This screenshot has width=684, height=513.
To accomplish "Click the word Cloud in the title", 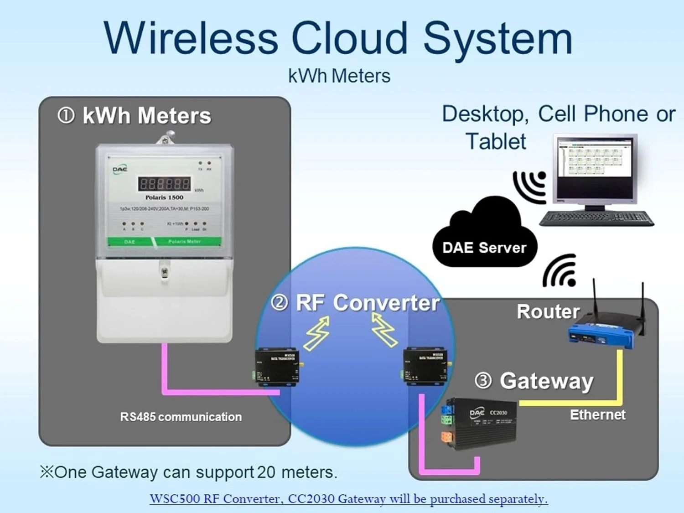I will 349,38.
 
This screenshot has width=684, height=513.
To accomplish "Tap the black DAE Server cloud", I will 484,237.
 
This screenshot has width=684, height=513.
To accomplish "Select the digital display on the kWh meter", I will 164,184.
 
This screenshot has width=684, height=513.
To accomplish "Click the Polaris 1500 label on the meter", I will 164,197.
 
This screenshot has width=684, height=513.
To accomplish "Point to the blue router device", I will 601,334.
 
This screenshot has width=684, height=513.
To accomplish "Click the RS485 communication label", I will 181,417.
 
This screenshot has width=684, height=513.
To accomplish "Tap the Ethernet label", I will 597,415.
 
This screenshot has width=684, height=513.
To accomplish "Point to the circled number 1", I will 66,115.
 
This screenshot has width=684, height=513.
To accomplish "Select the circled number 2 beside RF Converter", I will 280,302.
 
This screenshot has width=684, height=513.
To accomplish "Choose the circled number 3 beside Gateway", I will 483,380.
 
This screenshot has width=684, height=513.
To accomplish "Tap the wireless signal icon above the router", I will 560,271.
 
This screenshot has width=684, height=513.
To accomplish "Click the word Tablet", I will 496,141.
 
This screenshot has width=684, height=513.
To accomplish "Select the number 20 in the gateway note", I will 266,472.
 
